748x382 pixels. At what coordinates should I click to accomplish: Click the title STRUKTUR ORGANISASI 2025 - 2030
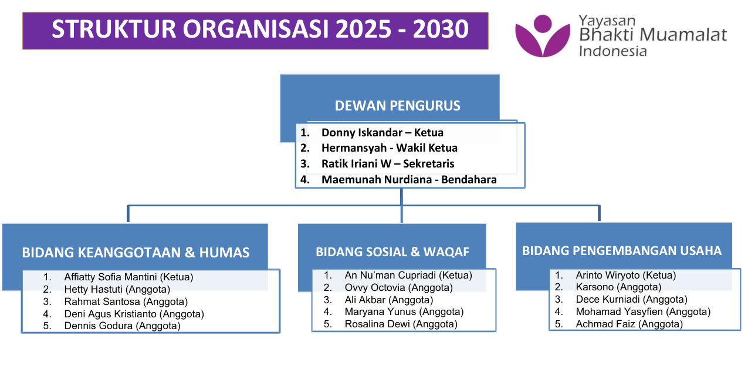click(260, 29)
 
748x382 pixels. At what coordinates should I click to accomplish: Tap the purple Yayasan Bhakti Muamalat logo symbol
click(543, 36)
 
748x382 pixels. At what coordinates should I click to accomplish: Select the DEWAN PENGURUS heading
click(397, 106)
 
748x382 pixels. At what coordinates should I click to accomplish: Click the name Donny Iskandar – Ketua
click(383, 132)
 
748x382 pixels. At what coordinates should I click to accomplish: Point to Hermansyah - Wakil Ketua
click(390, 148)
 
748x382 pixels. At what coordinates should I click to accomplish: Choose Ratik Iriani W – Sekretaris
click(388, 163)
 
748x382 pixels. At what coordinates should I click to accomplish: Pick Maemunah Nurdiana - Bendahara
click(409, 180)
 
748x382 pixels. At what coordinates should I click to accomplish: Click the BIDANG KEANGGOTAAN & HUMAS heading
click(136, 253)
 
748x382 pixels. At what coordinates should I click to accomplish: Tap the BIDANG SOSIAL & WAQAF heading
click(392, 252)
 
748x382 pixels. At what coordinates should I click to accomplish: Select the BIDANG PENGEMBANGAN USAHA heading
click(622, 251)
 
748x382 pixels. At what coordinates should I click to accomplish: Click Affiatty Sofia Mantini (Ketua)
click(128, 277)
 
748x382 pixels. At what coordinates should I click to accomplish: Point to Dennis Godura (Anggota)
click(122, 326)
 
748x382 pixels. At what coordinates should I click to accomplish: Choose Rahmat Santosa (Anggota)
click(126, 301)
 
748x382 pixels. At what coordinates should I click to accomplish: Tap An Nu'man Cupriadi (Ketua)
click(408, 275)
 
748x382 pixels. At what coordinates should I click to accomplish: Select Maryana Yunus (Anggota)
click(404, 311)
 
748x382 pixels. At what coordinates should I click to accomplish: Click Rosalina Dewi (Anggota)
click(401, 324)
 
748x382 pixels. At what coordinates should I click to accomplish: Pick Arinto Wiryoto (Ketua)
click(626, 275)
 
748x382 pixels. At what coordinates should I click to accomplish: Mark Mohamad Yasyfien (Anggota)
click(643, 311)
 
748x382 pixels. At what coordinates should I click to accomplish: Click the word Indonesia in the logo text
click(612, 51)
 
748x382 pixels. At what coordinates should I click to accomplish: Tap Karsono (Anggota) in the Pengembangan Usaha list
click(618, 287)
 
